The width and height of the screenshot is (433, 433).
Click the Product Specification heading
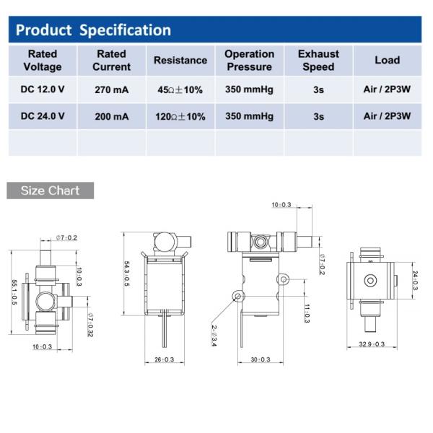[93, 30]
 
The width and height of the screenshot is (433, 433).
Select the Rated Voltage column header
[43, 60]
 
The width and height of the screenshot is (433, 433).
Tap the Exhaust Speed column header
[318, 60]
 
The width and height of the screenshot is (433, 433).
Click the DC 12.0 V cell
[43, 89]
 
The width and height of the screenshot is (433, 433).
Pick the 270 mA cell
[112, 89]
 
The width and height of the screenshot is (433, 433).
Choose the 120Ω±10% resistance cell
[180, 116]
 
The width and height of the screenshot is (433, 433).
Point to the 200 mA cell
[112, 116]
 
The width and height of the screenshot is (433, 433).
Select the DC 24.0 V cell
[43, 116]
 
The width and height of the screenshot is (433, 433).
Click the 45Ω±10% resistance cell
[180, 89]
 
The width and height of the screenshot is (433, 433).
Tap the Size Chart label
[50, 191]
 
